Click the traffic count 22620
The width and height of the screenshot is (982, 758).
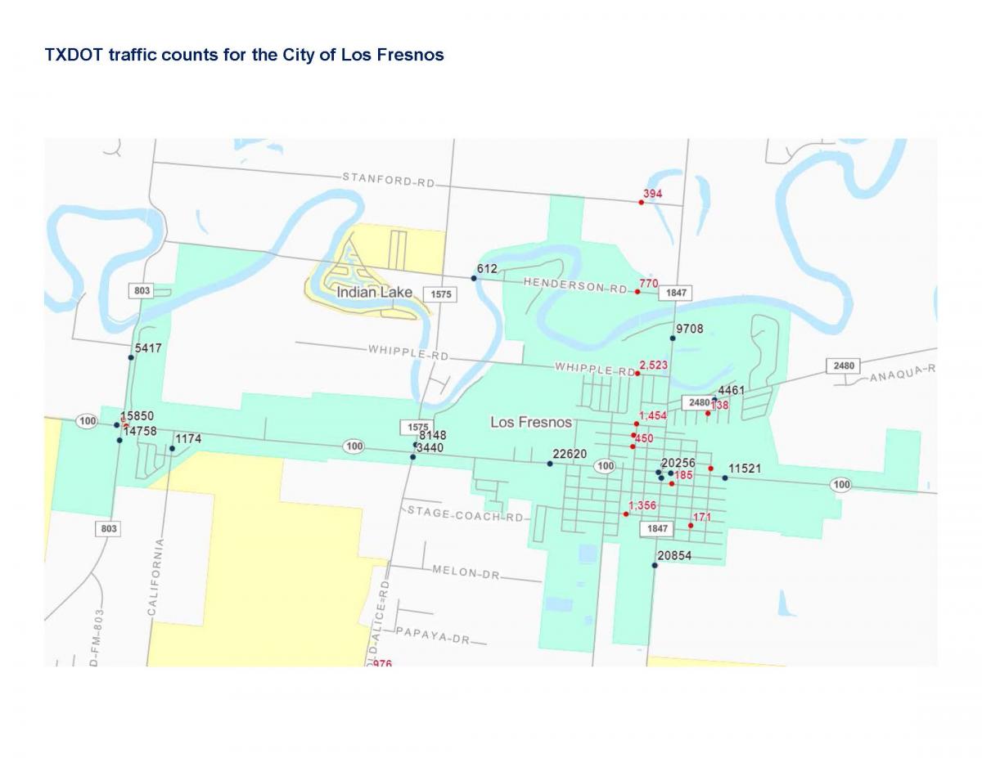click(570, 454)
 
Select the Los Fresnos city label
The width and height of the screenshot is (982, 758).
click(531, 423)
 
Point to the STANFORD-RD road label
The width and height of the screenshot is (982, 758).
click(388, 180)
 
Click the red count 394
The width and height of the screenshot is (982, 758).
click(652, 194)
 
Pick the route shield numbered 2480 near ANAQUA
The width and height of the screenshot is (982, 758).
click(845, 366)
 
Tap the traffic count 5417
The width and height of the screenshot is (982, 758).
click(148, 348)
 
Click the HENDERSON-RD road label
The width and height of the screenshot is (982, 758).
click(575, 285)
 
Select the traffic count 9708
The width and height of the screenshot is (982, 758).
click(689, 329)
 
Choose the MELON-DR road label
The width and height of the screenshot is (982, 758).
click(466, 573)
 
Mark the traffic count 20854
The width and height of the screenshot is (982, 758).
click(674, 556)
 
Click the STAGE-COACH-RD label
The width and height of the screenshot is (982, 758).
click(465, 514)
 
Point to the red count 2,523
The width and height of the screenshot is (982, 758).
click(654, 365)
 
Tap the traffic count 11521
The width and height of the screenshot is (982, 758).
click(745, 469)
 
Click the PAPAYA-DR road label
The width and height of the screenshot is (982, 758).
click(432, 635)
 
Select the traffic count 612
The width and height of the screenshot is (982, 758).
click(487, 269)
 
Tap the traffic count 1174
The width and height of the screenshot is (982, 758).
click(188, 439)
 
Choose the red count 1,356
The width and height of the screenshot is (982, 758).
click(642, 505)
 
